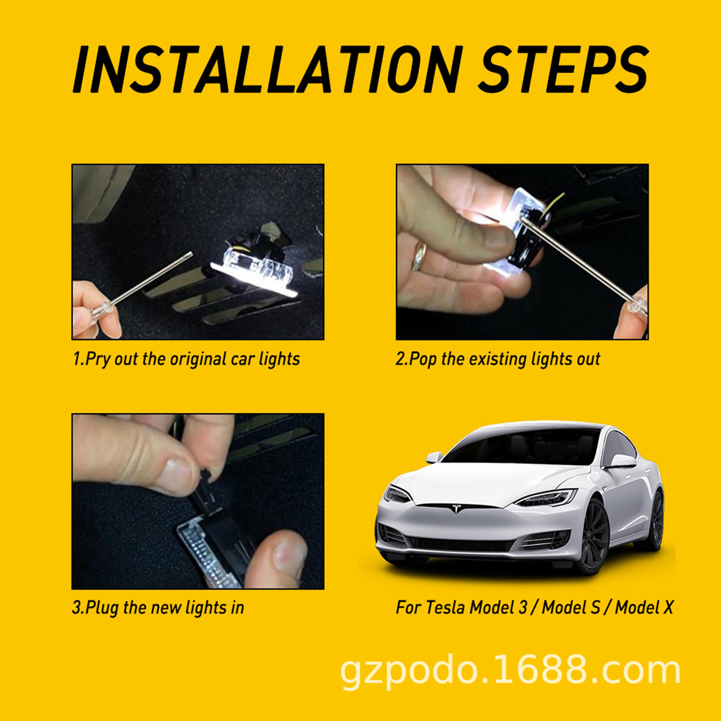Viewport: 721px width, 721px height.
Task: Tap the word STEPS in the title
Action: [x=563, y=70]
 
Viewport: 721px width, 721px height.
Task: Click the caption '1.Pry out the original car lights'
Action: [x=186, y=359]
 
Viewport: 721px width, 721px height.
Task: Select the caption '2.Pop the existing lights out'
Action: [x=498, y=359]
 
